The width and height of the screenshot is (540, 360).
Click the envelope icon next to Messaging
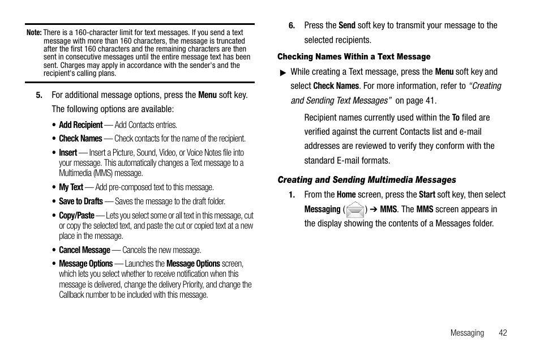click(x=355, y=210)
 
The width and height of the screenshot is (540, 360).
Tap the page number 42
click(x=503, y=333)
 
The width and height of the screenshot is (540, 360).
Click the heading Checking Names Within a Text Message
click(x=354, y=57)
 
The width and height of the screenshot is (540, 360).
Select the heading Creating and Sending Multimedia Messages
click(x=366, y=180)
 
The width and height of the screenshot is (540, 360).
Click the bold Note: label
click(x=34, y=33)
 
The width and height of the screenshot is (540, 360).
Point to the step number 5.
click(x=39, y=95)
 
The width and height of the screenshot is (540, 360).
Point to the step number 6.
click(x=292, y=25)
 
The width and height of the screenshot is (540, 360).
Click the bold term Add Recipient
click(x=81, y=125)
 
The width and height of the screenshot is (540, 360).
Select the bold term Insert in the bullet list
click(x=68, y=153)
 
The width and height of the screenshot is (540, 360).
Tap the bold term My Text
click(x=71, y=187)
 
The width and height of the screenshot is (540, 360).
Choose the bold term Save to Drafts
click(x=81, y=202)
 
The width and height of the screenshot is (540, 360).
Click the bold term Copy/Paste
click(x=76, y=216)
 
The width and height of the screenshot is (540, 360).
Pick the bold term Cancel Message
click(x=84, y=250)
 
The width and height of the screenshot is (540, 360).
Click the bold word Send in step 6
click(x=346, y=25)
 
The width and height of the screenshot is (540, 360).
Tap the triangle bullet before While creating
click(x=283, y=72)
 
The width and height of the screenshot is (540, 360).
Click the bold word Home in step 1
click(x=346, y=195)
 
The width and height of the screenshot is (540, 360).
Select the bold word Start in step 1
click(x=427, y=195)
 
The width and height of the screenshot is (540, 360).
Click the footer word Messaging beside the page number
click(x=467, y=333)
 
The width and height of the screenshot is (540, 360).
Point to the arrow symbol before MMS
click(x=374, y=209)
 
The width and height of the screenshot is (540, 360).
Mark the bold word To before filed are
click(x=455, y=118)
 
